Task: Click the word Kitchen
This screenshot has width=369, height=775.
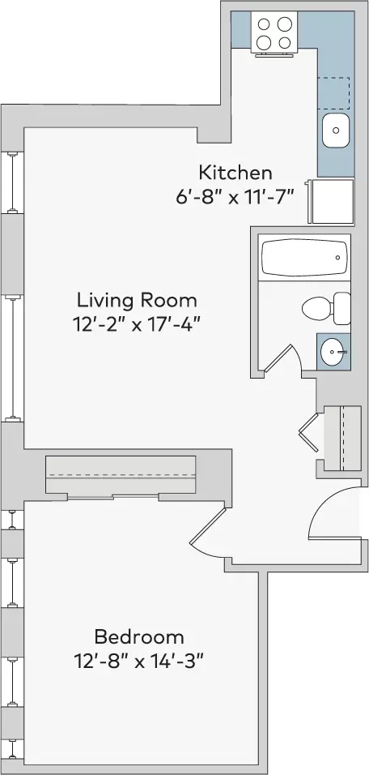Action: [235, 173]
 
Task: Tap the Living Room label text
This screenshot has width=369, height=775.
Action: [137, 300]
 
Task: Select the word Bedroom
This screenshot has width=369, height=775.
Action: [139, 636]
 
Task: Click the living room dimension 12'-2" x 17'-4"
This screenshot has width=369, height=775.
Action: [137, 325]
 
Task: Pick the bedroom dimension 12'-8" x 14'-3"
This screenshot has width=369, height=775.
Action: [138, 661]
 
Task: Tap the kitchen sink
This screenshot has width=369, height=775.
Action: [336, 131]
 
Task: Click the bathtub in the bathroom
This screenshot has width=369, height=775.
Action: [303, 258]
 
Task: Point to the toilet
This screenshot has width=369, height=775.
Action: [326, 308]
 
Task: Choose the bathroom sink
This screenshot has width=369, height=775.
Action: [333, 351]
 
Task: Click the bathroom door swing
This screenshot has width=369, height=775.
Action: [285, 357]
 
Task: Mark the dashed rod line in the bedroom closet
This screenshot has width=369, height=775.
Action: [121, 475]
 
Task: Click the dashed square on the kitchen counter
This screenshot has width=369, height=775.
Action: [333, 93]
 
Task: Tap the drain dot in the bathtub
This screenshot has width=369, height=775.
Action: [338, 258]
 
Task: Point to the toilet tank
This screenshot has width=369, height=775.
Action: [341, 308]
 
